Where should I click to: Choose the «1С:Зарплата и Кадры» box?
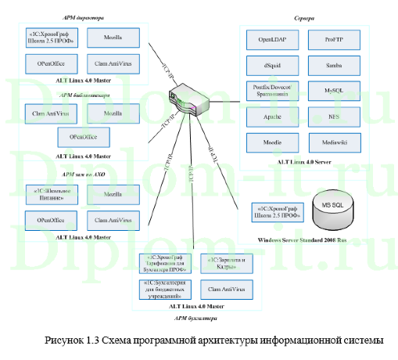[227, 261]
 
